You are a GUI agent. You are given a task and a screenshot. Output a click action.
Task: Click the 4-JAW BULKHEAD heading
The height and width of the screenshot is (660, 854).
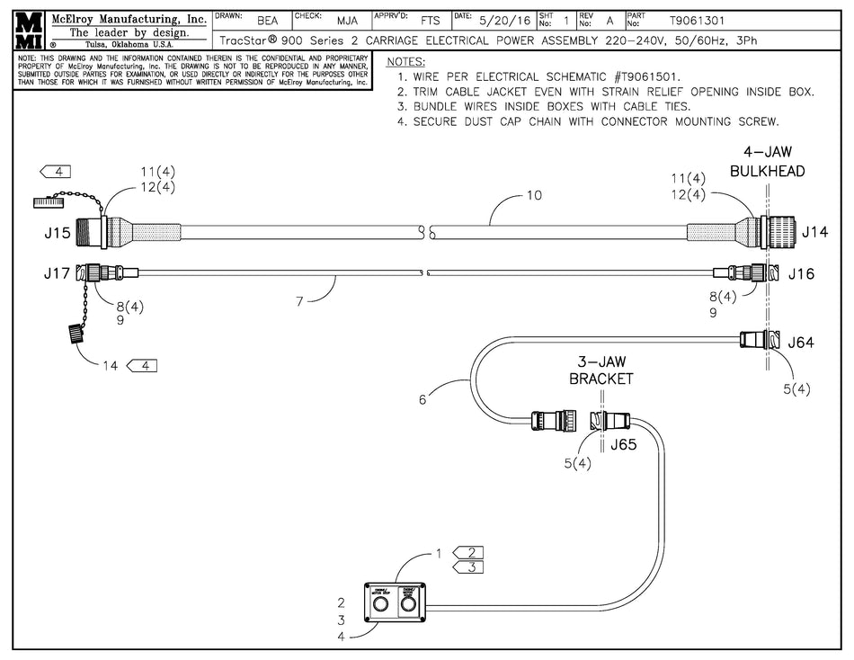tap(767, 161)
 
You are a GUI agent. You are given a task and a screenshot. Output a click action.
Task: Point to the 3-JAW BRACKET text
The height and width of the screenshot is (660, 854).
tap(601, 370)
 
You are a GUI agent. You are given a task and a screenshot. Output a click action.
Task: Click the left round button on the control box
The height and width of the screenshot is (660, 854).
tap(378, 607)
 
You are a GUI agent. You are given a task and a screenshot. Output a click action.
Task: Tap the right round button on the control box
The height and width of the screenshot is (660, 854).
tap(408, 607)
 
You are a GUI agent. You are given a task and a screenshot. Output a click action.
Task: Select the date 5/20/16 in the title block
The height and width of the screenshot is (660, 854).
tap(505, 20)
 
